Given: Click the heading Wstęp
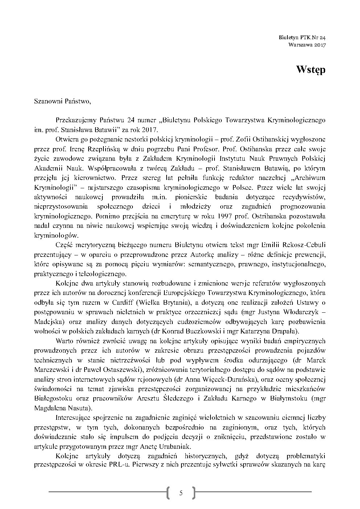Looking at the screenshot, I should click(310, 70).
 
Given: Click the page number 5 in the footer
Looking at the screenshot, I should click(181, 493).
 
